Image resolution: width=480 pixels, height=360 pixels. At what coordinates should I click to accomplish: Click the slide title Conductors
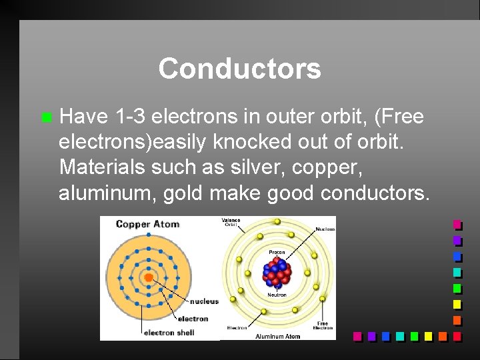(x=239, y=69)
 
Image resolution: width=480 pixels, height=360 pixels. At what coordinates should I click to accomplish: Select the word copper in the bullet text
(x=320, y=168)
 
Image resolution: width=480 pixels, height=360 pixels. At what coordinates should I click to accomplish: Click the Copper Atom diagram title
(x=147, y=224)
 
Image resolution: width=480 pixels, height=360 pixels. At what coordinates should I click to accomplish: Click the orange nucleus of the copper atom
(x=148, y=277)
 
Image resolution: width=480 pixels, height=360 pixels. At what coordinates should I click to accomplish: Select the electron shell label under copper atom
(x=169, y=333)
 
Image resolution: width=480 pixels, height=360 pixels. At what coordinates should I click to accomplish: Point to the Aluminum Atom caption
(x=277, y=336)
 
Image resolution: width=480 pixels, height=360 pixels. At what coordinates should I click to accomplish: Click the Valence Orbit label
(x=231, y=223)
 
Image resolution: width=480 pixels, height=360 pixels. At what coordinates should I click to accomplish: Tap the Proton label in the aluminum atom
(x=277, y=253)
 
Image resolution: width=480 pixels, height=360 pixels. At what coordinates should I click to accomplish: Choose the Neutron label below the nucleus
(x=277, y=295)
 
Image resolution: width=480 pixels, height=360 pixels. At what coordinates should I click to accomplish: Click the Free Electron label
(x=323, y=325)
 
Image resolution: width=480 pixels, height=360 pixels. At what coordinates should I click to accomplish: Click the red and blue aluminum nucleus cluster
(x=277, y=273)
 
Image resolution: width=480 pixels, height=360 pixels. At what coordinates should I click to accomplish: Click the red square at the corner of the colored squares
(x=457, y=336)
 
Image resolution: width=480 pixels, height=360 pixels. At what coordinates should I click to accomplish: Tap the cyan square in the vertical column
(x=457, y=272)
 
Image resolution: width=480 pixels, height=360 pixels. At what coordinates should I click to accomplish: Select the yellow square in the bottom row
(x=429, y=336)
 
